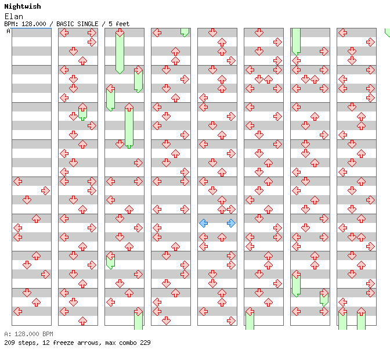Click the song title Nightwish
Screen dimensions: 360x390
[23, 6]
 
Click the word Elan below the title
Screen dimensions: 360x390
[13, 16]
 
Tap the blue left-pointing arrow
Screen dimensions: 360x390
[203, 223]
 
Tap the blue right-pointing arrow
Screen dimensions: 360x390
[231, 223]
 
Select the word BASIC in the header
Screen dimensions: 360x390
[68, 24]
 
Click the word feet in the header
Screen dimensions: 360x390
[122, 24]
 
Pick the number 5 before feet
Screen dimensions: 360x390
[110, 24]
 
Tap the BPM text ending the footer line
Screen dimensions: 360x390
[47, 334]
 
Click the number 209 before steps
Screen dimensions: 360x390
[9, 343]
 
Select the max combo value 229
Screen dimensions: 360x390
[145, 343]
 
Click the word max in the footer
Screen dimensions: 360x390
[110, 343]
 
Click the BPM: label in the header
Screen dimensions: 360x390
[11, 24]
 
